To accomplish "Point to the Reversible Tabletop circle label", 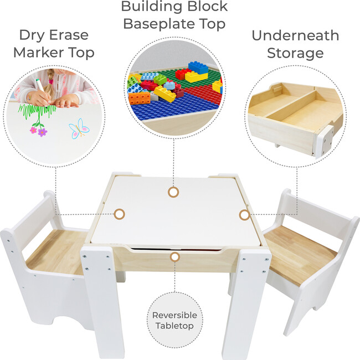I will pos(174,320).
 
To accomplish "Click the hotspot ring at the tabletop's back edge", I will pos(173,192).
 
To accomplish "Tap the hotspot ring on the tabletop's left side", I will pos(119,213).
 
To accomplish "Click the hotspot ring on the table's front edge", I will pos(174,256).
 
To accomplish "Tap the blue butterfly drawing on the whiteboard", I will pos(79,128).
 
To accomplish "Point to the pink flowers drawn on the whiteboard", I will pos(38,131).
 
